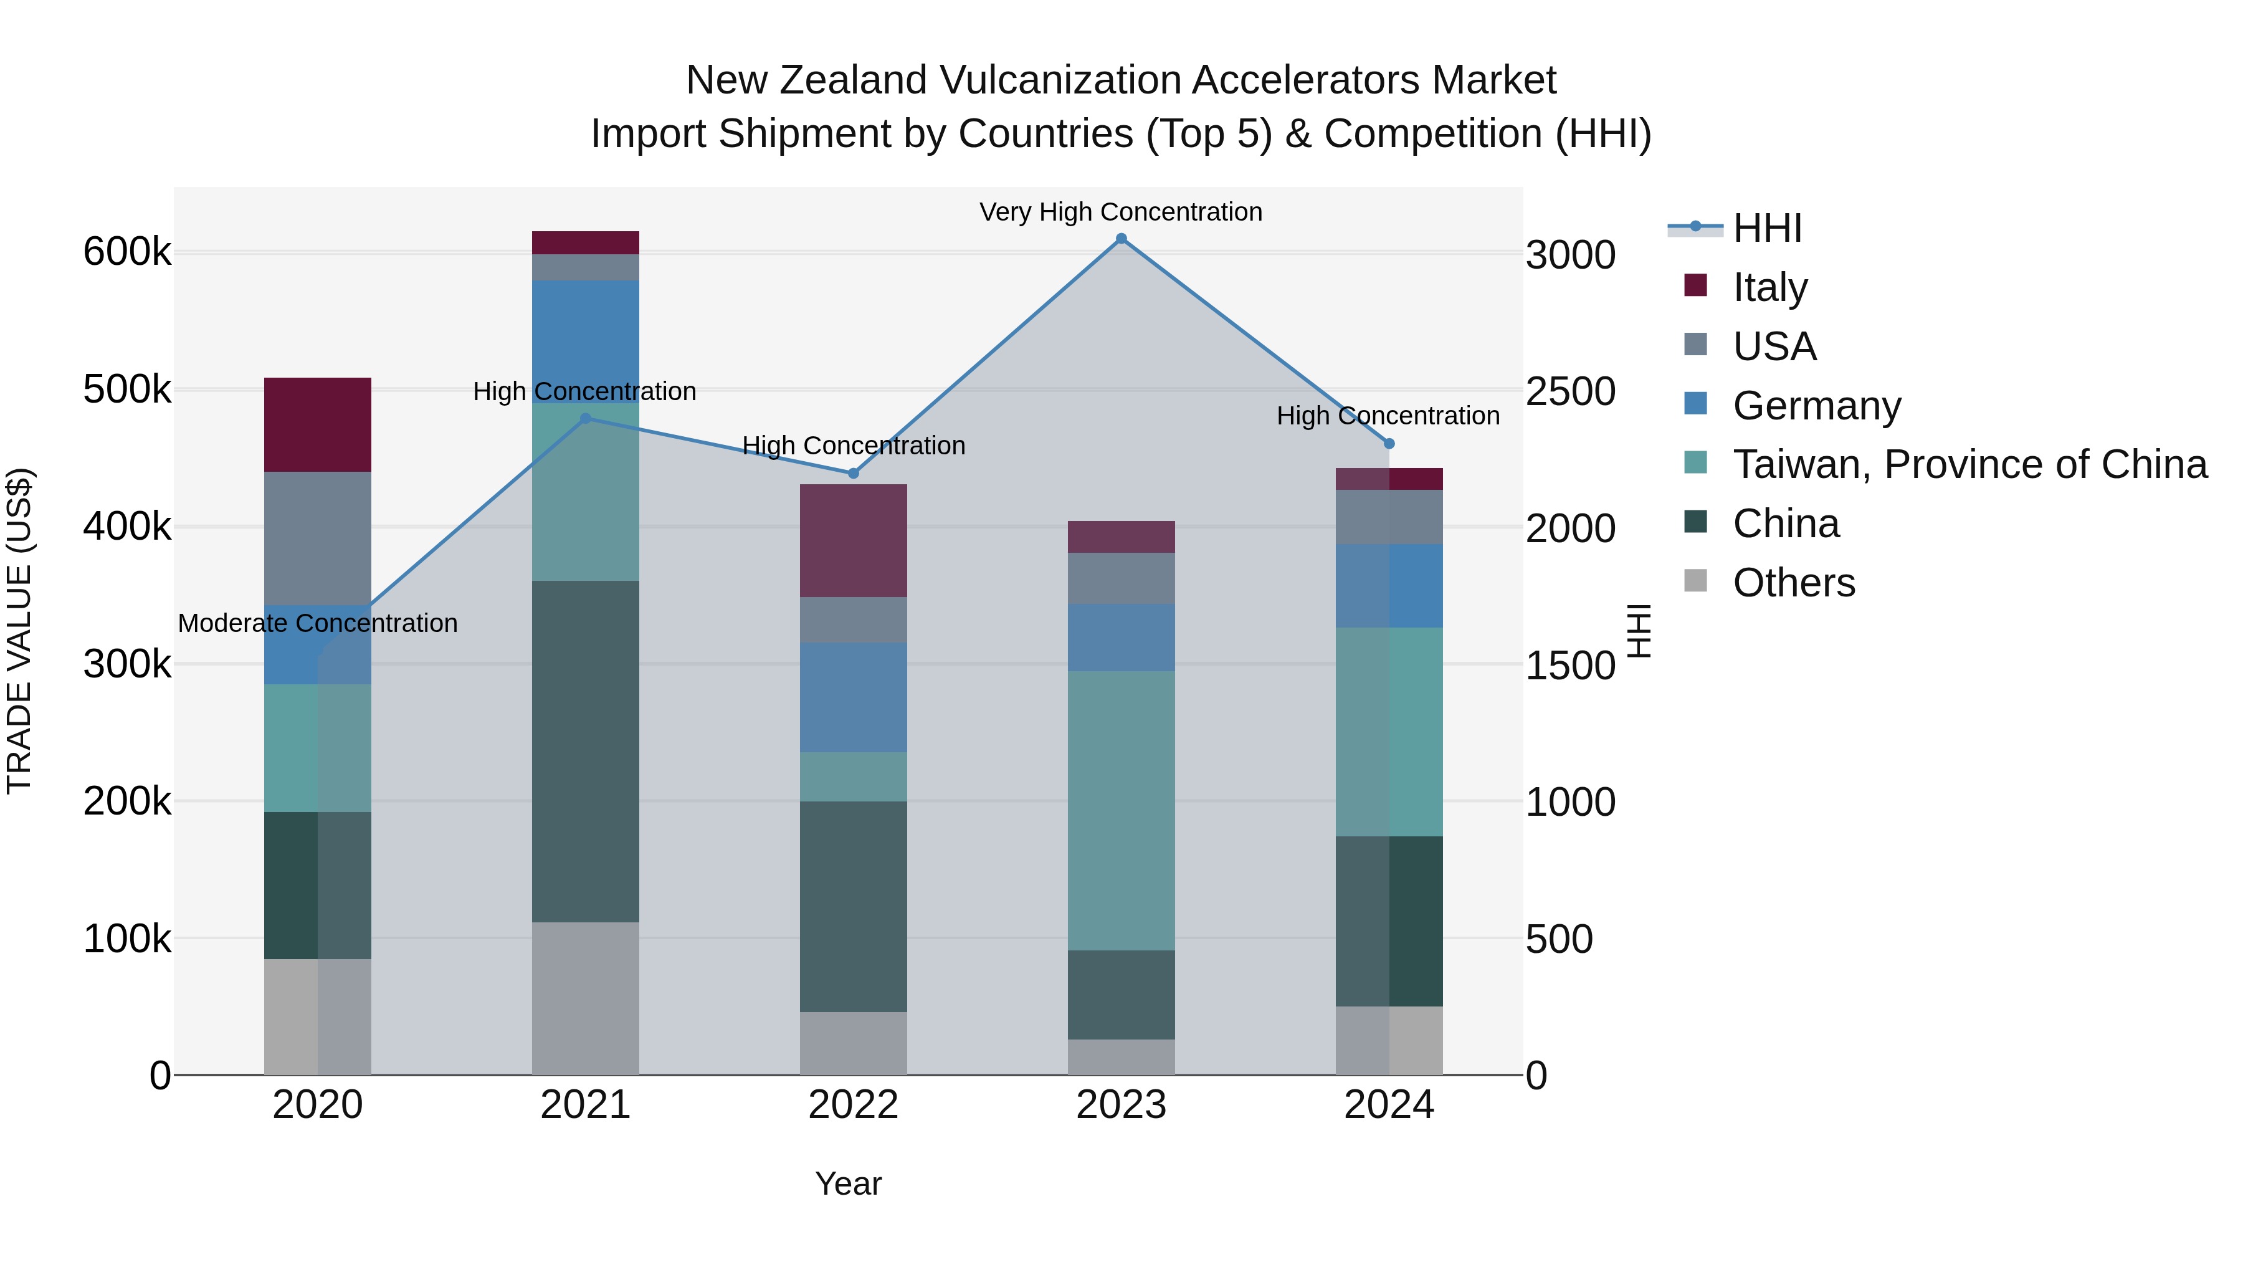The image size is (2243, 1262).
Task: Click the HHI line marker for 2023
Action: click(1121, 239)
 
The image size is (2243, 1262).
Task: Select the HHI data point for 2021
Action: click(585, 418)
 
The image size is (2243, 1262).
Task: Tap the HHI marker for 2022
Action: click(854, 473)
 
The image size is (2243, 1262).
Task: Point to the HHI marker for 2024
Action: click(1389, 443)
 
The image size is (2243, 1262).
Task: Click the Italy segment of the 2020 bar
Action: click(318, 424)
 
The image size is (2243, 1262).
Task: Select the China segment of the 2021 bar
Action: click(585, 751)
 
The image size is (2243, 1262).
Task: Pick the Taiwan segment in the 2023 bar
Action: click(1121, 810)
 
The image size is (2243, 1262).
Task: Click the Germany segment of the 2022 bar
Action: click(854, 697)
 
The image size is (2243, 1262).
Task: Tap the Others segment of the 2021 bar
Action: click(585, 997)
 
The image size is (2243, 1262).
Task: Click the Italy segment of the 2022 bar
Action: click(854, 540)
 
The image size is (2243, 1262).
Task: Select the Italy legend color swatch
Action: click(1695, 285)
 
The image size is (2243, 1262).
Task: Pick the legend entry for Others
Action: click(1794, 583)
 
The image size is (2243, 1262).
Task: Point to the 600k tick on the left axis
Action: click(127, 252)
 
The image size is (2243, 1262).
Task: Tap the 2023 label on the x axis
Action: click(1121, 1105)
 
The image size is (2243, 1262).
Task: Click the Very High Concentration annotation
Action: click(1121, 212)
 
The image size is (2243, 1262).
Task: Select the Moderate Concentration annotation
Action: click(318, 624)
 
